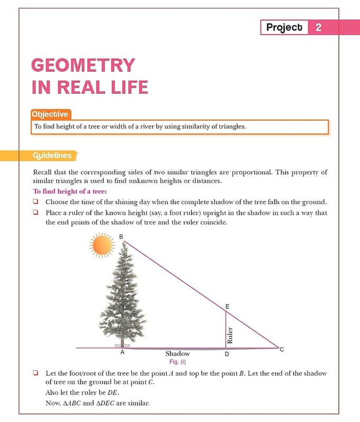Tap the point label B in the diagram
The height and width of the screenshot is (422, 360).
point(121,237)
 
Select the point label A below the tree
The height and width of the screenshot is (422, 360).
point(122,352)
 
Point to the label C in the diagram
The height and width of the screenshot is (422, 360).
point(281,349)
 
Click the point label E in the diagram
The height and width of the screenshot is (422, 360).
point(227,305)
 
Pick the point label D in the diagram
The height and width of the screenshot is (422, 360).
point(227,354)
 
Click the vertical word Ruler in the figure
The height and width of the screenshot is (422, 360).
point(230,335)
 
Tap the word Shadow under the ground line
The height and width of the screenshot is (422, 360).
point(177,353)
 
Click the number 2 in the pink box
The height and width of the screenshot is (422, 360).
point(318,27)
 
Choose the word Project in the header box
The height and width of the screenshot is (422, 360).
point(284,27)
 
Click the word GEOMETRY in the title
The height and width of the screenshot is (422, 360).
point(83,65)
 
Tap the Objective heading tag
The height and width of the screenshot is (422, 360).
point(50,114)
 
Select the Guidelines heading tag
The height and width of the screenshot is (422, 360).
point(52,156)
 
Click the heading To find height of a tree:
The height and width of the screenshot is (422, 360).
point(70,191)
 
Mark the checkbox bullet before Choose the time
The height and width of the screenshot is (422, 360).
point(36,202)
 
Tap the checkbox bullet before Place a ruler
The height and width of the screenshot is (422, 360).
point(36,213)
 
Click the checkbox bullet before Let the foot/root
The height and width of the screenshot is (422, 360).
point(36,373)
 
